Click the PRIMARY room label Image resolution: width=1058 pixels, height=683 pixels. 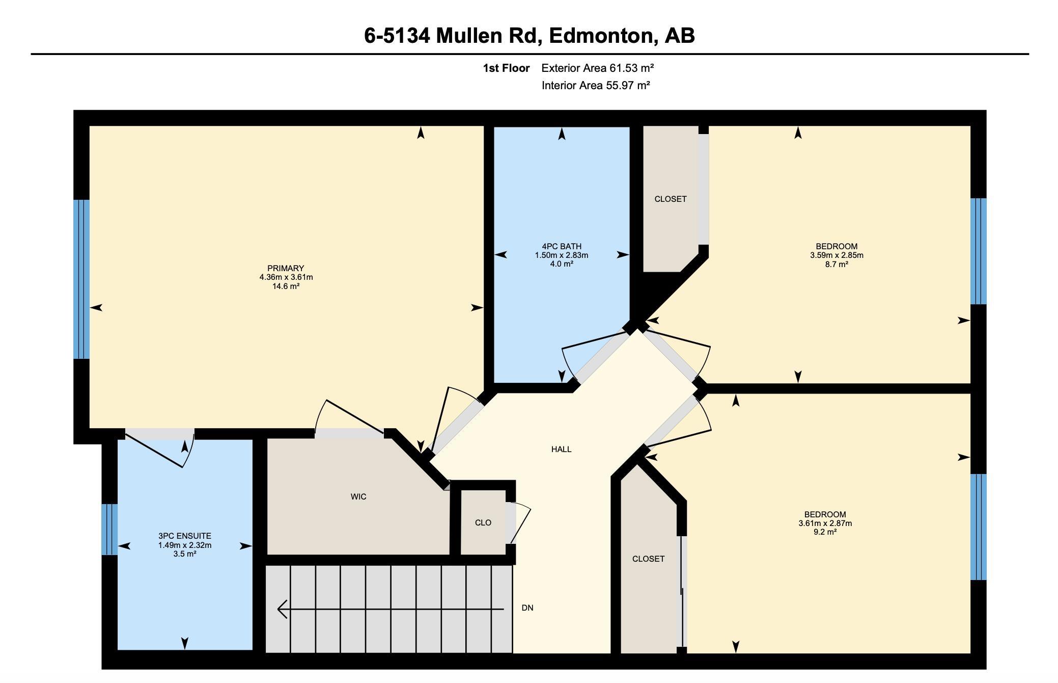point(286,268)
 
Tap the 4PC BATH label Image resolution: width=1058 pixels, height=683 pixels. point(562,246)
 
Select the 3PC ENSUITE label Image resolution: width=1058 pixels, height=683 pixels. point(185,536)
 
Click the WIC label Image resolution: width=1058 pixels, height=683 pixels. point(358,496)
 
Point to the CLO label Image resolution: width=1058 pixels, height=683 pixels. point(483,522)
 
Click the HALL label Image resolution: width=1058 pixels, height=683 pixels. point(561,449)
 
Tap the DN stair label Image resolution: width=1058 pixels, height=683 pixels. point(527,608)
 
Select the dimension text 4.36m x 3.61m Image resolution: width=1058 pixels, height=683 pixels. point(286,277)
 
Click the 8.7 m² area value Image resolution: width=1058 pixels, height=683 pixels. point(837,264)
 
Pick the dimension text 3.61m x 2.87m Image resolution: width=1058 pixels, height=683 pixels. point(825,523)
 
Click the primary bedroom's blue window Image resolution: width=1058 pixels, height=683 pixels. point(81,279)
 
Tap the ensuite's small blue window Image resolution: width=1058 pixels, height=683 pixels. point(109,530)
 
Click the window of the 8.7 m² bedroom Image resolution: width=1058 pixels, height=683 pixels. point(979,251)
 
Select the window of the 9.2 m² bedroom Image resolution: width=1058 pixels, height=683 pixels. point(979,527)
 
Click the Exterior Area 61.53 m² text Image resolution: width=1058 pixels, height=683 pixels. point(598,68)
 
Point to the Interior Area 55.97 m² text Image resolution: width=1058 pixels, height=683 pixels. point(596,85)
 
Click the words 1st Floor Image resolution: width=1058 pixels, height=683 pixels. point(506,68)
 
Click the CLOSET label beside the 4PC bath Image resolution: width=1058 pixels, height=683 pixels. point(671,199)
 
